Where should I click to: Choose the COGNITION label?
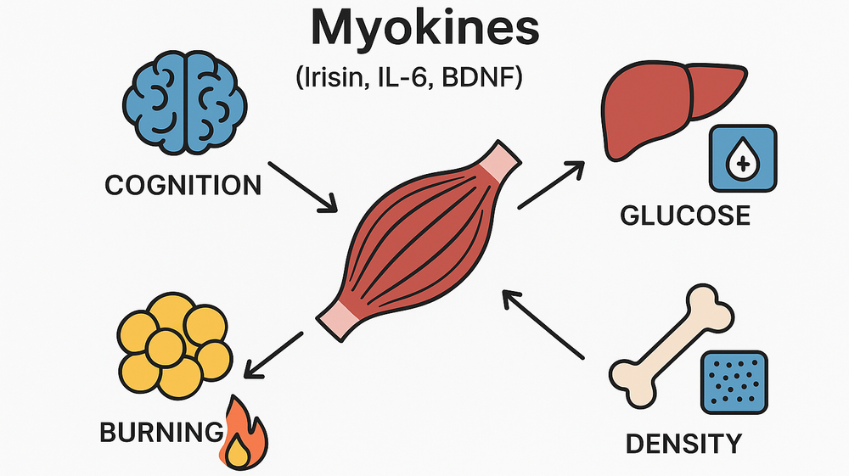(x=183, y=186)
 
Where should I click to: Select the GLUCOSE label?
(x=686, y=216)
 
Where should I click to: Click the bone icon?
(x=672, y=348)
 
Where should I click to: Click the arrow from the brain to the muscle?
(x=302, y=186)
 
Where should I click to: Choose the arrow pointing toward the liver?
(x=551, y=183)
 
